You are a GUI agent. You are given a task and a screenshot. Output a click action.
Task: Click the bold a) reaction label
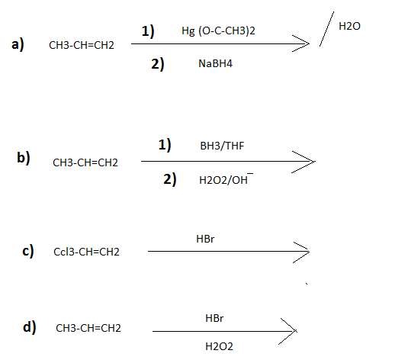point(18,44)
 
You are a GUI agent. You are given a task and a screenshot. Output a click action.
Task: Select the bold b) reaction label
point(24,157)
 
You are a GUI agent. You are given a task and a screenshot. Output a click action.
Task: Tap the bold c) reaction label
point(28,251)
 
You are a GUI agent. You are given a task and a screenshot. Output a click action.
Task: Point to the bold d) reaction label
point(30,327)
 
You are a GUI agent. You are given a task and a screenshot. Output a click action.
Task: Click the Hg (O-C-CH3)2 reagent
point(218,31)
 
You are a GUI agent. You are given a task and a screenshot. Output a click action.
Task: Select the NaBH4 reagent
point(216,63)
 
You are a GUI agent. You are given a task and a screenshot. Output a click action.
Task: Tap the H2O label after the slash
point(349,26)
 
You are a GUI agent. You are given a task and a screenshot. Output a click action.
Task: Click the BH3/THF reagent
point(222,146)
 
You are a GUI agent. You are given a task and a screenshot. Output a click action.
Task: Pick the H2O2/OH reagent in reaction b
point(226,178)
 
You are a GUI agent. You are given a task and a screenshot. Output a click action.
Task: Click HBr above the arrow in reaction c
point(205,239)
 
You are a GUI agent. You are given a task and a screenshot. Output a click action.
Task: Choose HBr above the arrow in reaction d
point(214,318)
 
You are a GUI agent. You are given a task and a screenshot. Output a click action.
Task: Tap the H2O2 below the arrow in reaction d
point(219,346)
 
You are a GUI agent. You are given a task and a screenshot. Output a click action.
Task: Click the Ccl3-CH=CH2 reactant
point(86,252)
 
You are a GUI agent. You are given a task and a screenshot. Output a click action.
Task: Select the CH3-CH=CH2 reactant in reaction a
point(82,45)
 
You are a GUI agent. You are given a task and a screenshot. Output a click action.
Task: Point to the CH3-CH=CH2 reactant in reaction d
point(88,328)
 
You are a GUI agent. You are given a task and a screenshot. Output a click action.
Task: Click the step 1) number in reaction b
point(165,145)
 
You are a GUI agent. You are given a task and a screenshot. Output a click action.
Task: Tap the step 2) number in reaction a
point(158,64)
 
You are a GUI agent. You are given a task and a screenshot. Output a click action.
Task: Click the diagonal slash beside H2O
point(326,29)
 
